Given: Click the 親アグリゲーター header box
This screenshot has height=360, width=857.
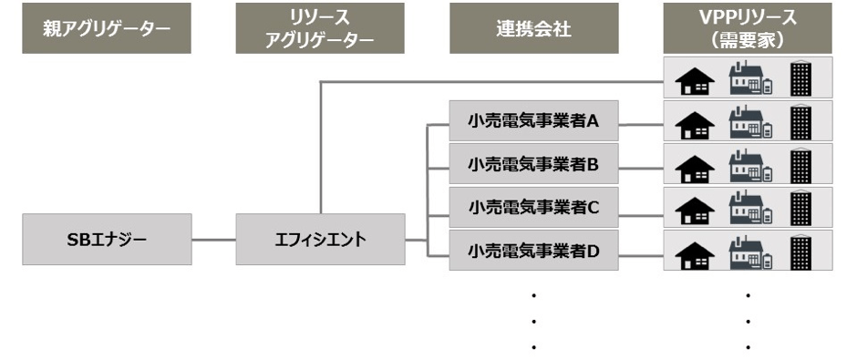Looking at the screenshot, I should click(x=107, y=28).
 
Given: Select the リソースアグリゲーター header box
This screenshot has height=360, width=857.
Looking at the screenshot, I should click(x=320, y=28).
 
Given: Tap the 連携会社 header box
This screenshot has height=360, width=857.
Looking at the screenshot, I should click(x=533, y=28).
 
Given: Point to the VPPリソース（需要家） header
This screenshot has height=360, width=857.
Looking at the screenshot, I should click(x=748, y=28).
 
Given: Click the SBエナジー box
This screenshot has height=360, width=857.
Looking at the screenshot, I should click(x=107, y=240).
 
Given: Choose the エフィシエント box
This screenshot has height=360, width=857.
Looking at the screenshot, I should click(x=320, y=240).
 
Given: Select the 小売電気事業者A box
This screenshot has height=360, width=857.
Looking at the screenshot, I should click(x=533, y=120).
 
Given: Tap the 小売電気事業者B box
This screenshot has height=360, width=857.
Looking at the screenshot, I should click(x=533, y=164).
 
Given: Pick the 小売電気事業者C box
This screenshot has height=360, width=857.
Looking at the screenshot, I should click(x=533, y=207).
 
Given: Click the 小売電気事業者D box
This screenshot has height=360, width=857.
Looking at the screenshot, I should click(x=533, y=250).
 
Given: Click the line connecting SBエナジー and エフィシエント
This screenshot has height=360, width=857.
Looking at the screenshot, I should click(x=213, y=240).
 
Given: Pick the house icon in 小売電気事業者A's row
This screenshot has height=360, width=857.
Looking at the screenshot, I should click(x=695, y=123).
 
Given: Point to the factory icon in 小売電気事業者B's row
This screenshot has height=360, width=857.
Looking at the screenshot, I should click(x=749, y=165).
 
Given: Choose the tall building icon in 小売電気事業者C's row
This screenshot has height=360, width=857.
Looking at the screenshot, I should click(x=800, y=207).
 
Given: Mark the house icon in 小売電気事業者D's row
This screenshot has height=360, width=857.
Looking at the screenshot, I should click(x=695, y=252).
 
